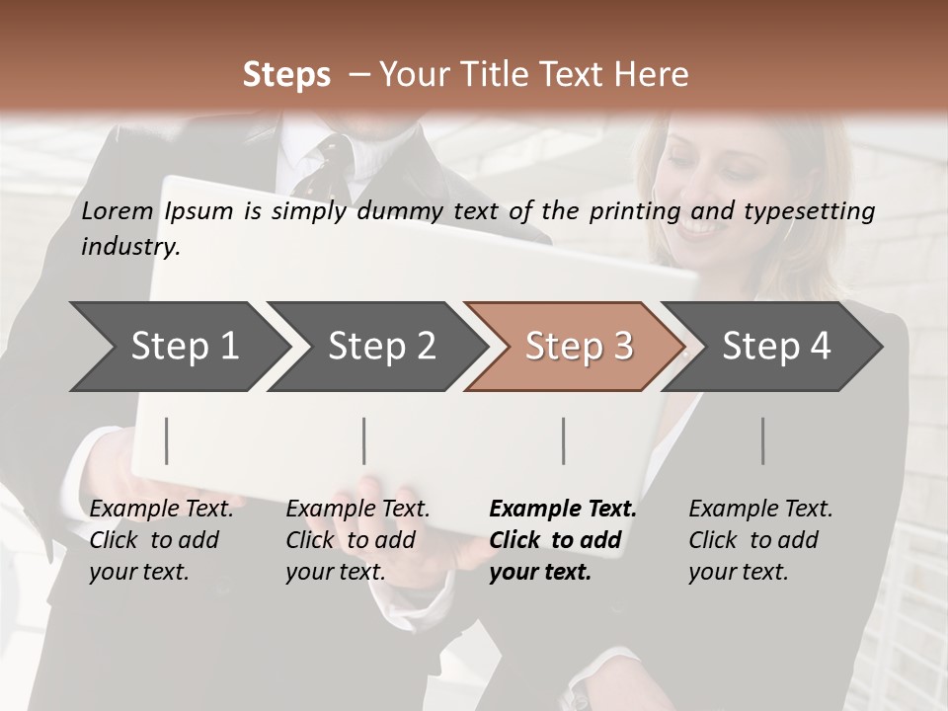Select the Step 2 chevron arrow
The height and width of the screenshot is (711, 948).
(x=380, y=347)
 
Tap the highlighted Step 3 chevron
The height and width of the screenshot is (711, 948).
(x=578, y=347)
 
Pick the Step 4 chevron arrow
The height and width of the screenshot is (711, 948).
(x=775, y=347)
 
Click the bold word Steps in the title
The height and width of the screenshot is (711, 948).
(x=286, y=75)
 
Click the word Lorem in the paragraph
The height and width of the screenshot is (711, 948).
(x=118, y=210)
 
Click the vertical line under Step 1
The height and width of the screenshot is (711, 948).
(x=166, y=440)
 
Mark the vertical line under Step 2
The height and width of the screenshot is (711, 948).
(x=364, y=440)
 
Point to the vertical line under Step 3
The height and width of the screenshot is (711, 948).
(x=564, y=440)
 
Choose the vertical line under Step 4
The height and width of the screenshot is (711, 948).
(x=763, y=440)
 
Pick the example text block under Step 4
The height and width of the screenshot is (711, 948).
(x=760, y=540)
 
